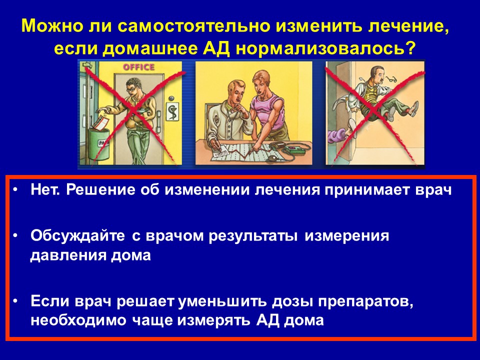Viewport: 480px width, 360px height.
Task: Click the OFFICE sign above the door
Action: [138, 67]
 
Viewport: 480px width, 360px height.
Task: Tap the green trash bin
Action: [98, 143]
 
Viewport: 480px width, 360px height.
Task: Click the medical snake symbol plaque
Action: [172, 111]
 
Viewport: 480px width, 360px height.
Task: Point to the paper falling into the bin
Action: [101, 123]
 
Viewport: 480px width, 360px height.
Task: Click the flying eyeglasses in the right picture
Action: [390, 79]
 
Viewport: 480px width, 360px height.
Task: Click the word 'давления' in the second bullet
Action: [68, 255]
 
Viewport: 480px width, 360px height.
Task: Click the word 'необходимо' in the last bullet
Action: [78, 320]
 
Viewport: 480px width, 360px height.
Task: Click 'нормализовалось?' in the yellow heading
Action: [325, 48]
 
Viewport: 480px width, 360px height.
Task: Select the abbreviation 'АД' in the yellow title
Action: [216, 49]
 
